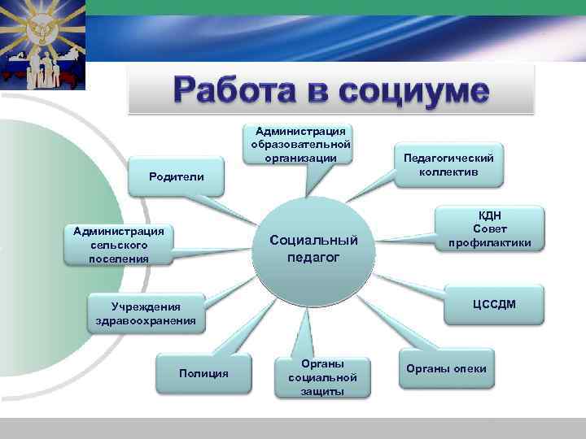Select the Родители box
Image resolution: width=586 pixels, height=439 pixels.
point(177,176)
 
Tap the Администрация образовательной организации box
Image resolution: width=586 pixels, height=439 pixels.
point(300,144)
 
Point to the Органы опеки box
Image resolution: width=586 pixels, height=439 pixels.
point(453,369)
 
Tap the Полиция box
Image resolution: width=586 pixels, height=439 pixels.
point(203,373)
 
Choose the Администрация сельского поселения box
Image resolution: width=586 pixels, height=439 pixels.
point(119,245)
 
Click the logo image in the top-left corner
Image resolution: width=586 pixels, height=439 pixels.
point(42,46)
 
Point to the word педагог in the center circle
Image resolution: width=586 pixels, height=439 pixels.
point(314,258)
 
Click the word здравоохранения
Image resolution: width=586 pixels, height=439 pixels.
point(146,321)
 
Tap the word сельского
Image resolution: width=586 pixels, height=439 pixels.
point(119,245)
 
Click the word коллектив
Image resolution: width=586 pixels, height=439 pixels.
point(448,172)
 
